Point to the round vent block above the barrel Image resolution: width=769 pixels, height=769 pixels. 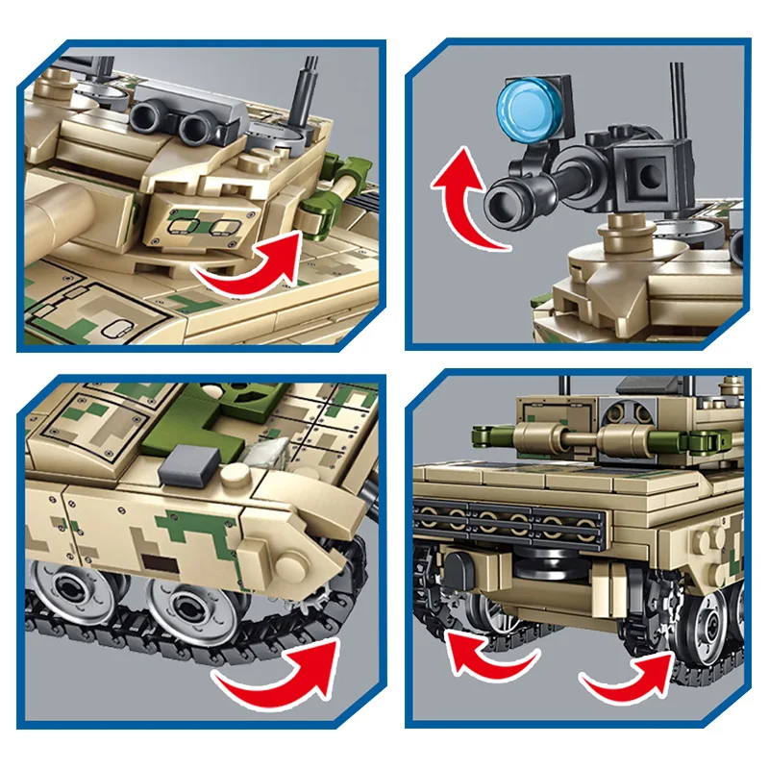623,415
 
